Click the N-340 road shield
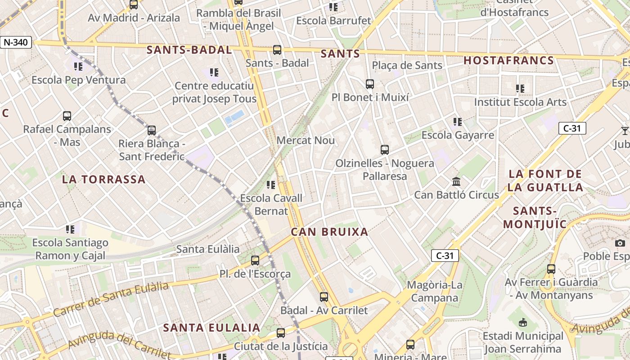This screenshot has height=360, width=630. [16, 43]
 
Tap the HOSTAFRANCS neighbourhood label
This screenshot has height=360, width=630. [508, 61]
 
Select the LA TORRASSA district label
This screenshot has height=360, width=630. [103, 179]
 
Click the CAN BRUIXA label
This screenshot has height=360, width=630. [329, 232]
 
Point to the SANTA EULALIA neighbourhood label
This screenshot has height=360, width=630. [211, 328]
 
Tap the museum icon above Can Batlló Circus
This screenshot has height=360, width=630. [456, 182]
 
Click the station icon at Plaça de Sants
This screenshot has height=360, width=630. [369, 84]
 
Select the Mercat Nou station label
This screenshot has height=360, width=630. [306, 140]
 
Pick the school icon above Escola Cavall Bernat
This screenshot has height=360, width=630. [270, 184]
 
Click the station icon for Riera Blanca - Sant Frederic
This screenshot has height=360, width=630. [152, 130]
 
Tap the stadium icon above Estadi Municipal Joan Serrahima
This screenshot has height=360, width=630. [523, 322]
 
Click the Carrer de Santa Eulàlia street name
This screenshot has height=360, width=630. [111, 299]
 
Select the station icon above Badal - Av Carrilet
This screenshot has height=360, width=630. [324, 297]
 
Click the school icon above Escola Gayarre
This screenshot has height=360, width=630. [458, 121]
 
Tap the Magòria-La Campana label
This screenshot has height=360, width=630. [434, 291]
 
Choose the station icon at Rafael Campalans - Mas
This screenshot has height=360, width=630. [67, 116]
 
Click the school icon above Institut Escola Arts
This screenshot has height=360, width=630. [520, 89]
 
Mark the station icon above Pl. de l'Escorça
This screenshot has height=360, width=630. [255, 260]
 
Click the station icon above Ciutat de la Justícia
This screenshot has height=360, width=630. [281, 333]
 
